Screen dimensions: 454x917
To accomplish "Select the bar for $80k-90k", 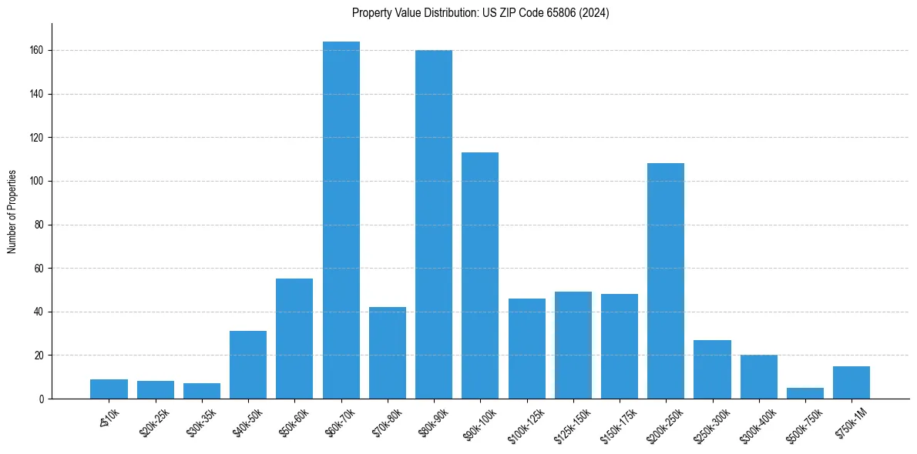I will pyautogui.click(x=434, y=225).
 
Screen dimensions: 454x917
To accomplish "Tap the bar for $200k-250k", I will pyautogui.click(x=666, y=281).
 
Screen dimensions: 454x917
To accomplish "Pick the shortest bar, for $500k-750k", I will pyautogui.click(x=805, y=393).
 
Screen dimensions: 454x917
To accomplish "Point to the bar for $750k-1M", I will pyautogui.click(x=851, y=382).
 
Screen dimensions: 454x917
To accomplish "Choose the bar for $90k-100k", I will pyautogui.click(x=480, y=275).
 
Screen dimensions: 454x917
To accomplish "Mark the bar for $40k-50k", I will pyautogui.click(x=248, y=365).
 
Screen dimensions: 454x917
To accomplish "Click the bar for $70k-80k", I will pyautogui.click(x=388, y=353).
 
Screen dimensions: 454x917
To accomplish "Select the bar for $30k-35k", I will pyautogui.click(x=202, y=391).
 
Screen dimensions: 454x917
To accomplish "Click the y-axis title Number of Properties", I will pyautogui.click(x=12, y=212).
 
